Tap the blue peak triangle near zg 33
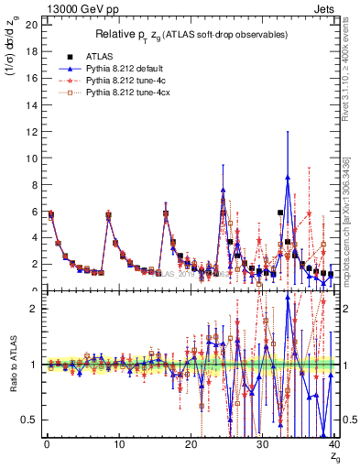pyautogui.click(x=288, y=178)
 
